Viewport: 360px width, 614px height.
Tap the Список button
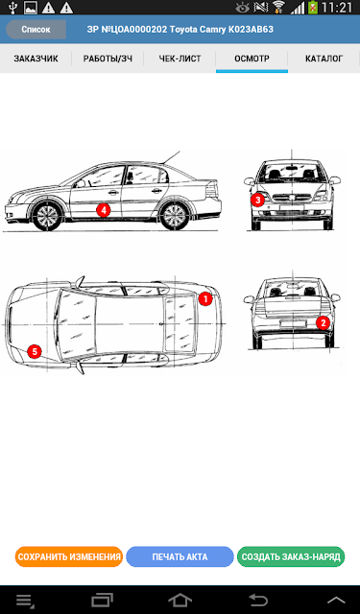click(x=36, y=30)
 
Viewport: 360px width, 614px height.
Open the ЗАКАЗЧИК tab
click(x=36, y=59)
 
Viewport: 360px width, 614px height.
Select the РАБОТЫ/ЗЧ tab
click(x=108, y=59)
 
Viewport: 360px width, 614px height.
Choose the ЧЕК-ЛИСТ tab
click(x=180, y=59)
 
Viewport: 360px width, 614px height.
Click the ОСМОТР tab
click(x=252, y=59)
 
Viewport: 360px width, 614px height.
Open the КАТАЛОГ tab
click(x=324, y=59)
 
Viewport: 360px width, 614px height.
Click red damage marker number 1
click(x=205, y=299)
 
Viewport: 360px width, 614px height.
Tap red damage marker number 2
click(x=324, y=323)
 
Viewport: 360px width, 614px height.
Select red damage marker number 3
click(x=257, y=201)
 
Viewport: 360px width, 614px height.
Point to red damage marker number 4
click(x=104, y=210)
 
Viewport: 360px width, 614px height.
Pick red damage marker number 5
click(x=35, y=352)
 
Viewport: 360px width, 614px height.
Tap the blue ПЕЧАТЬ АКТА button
click(x=180, y=556)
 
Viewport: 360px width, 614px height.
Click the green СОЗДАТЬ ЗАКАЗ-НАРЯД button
click(x=291, y=556)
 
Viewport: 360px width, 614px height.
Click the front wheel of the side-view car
click(x=47, y=216)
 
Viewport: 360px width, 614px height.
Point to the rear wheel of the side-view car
click(x=174, y=216)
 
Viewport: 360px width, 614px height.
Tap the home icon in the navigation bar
click(x=180, y=600)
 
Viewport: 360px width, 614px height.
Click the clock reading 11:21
click(x=337, y=8)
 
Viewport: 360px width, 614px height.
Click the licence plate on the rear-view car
click(x=293, y=323)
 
